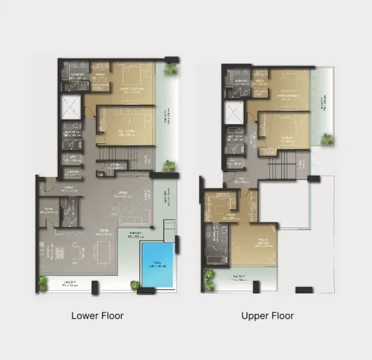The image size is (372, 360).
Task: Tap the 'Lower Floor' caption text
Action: [x=97, y=316]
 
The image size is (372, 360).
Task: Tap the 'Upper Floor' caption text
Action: [x=267, y=316]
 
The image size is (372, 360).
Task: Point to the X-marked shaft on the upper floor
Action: [x=232, y=111]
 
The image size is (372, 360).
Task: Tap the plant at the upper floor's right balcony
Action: [x=327, y=139]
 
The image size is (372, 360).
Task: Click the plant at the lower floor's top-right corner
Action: [x=172, y=68]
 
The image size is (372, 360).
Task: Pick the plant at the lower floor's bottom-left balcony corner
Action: [x=43, y=282]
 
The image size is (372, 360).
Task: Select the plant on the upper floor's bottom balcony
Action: [x=209, y=277]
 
